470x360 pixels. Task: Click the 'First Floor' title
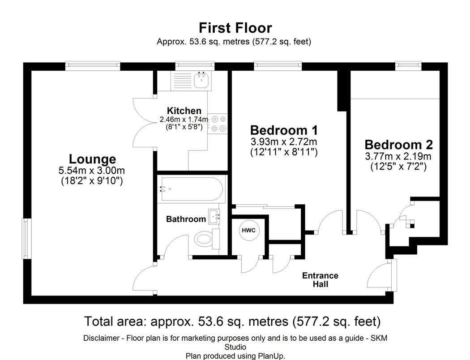(x=235, y=28)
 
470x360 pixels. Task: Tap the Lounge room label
(x=92, y=159)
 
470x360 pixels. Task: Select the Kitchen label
(x=184, y=111)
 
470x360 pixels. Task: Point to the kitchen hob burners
(x=218, y=124)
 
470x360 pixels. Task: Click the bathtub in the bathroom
(x=192, y=189)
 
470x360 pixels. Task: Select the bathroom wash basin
(x=214, y=216)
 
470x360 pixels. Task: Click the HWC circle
(x=249, y=230)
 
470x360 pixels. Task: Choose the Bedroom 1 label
(x=284, y=130)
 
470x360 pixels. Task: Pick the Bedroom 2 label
(x=399, y=145)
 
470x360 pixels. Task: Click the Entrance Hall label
(x=320, y=280)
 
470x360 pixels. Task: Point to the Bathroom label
(x=186, y=219)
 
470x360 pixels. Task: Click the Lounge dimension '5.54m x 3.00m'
(x=92, y=171)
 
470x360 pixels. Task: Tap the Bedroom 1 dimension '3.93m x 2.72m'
(x=284, y=141)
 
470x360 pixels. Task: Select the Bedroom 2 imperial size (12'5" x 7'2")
(x=399, y=167)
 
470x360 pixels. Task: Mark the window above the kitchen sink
(x=195, y=64)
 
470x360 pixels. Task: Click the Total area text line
(x=233, y=321)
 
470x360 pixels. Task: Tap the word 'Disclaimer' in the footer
(x=101, y=338)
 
